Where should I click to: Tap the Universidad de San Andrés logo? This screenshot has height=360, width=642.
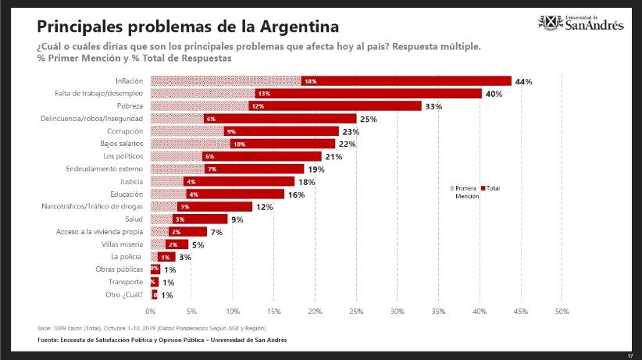582,23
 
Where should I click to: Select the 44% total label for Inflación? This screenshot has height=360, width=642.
523,81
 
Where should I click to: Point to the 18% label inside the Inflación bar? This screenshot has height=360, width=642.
310,81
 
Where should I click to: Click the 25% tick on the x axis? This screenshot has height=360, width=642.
356,311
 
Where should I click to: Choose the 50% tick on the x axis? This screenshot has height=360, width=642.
562,311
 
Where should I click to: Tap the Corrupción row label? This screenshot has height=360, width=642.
125,130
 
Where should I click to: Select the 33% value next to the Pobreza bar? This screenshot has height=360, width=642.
433,105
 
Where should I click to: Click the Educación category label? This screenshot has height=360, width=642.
127,194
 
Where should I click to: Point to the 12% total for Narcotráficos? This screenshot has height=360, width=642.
263,206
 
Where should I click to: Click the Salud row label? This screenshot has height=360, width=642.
134,219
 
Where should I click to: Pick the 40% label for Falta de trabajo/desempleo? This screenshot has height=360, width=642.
493,94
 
